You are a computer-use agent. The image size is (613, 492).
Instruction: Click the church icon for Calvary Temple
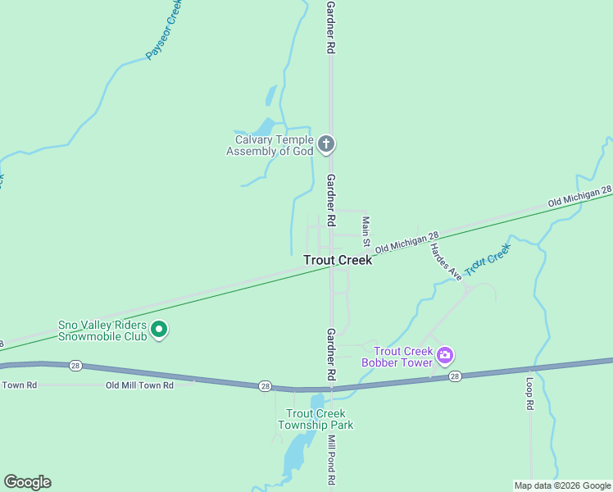326,145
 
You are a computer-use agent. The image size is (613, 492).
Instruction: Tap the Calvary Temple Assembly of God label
270,145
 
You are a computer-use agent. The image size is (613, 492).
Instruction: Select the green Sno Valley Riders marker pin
160,330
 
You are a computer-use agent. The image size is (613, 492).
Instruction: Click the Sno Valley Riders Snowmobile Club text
102,330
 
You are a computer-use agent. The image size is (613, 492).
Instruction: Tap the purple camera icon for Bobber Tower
445,355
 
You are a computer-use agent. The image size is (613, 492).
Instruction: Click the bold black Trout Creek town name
338,260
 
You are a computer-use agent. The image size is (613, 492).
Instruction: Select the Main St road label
366,233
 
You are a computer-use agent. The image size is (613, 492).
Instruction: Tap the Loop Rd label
529,393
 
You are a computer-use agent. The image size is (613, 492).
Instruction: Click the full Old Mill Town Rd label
139,385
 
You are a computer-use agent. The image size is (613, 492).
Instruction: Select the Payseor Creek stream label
163,30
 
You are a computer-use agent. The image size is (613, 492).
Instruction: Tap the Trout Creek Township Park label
316,419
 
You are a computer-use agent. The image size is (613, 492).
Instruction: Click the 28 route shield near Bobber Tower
455,376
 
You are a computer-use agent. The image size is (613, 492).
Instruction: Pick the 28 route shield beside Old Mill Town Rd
265,385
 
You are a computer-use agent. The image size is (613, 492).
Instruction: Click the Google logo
27,482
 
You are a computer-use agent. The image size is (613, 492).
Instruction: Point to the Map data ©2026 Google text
561,485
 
